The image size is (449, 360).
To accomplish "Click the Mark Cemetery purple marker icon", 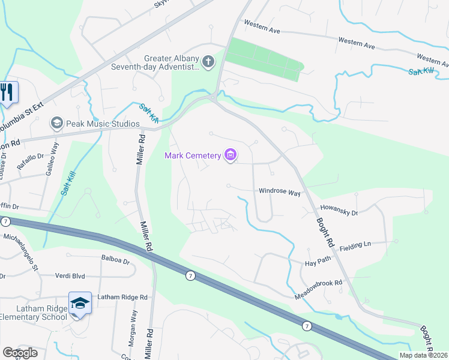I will pyautogui.click(x=230, y=155).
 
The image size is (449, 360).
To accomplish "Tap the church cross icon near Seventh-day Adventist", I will pyautogui.click(x=208, y=61).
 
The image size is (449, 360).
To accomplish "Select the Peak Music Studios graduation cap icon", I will pyautogui.click(x=57, y=124).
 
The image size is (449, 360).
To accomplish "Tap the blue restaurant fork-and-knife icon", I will pyautogui.click(x=7, y=93).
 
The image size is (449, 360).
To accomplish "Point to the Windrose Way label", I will pyautogui.click(x=279, y=193).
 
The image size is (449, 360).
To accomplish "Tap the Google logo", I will pyautogui.click(x=20, y=353).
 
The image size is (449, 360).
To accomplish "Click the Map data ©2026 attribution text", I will pyautogui.click(x=424, y=355).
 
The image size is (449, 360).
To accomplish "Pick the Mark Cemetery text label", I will pyautogui.click(x=193, y=156).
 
